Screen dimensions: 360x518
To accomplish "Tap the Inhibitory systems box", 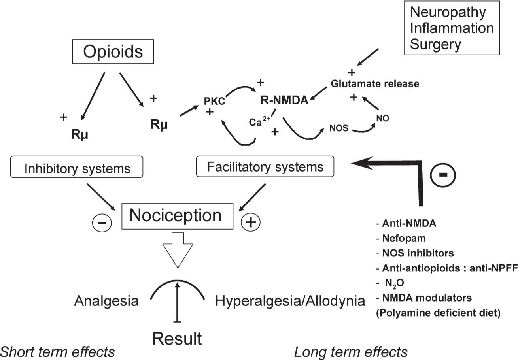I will click(77, 168).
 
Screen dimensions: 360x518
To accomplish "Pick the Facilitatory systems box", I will click(265, 166).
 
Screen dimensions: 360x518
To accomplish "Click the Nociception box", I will click(176, 215).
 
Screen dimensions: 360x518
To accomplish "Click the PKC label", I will click(214, 101).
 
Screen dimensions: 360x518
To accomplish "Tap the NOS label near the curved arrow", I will click(338, 128).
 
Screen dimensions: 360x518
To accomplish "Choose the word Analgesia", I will click(106, 302).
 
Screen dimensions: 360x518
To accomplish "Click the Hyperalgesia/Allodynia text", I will click(290, 302).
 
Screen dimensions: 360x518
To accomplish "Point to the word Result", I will click(177, 338).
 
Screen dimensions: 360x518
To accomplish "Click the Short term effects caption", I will click(58, 351).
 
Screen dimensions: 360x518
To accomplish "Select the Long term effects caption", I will click(351, 351).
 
